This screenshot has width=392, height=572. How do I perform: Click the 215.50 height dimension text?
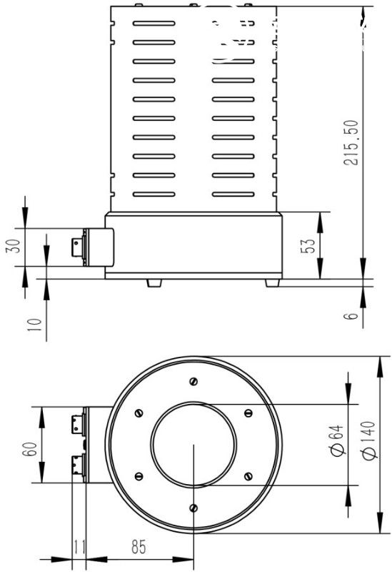(351, 142)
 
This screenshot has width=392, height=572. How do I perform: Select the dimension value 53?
(307, 246)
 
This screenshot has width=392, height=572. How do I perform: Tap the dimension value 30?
(12, 246)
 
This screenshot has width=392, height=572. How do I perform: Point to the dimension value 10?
(34, 325)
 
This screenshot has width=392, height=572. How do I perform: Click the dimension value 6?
(351, 316)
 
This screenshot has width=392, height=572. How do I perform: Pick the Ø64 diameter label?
(337, 440)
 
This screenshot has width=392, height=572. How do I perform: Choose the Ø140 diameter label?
(368, 440)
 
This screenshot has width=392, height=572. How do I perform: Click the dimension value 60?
(29, 449)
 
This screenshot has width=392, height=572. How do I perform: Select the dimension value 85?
(139, 547)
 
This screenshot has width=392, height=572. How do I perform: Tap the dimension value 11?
(79, 547)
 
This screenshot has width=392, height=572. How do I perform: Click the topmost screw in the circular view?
(194, 382)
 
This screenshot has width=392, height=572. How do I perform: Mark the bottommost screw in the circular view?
(194, 508)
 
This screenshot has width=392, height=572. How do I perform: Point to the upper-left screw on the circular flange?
(139, 413)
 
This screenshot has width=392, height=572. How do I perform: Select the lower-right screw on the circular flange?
(248, 476)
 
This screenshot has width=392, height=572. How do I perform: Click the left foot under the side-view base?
(154, 282)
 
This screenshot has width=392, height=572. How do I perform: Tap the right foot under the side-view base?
(272, 282)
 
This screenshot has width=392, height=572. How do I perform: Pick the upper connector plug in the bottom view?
(79, 425)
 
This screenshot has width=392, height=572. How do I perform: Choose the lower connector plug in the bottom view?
(79, 464)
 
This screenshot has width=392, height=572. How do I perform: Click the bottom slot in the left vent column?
(154, 194)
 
